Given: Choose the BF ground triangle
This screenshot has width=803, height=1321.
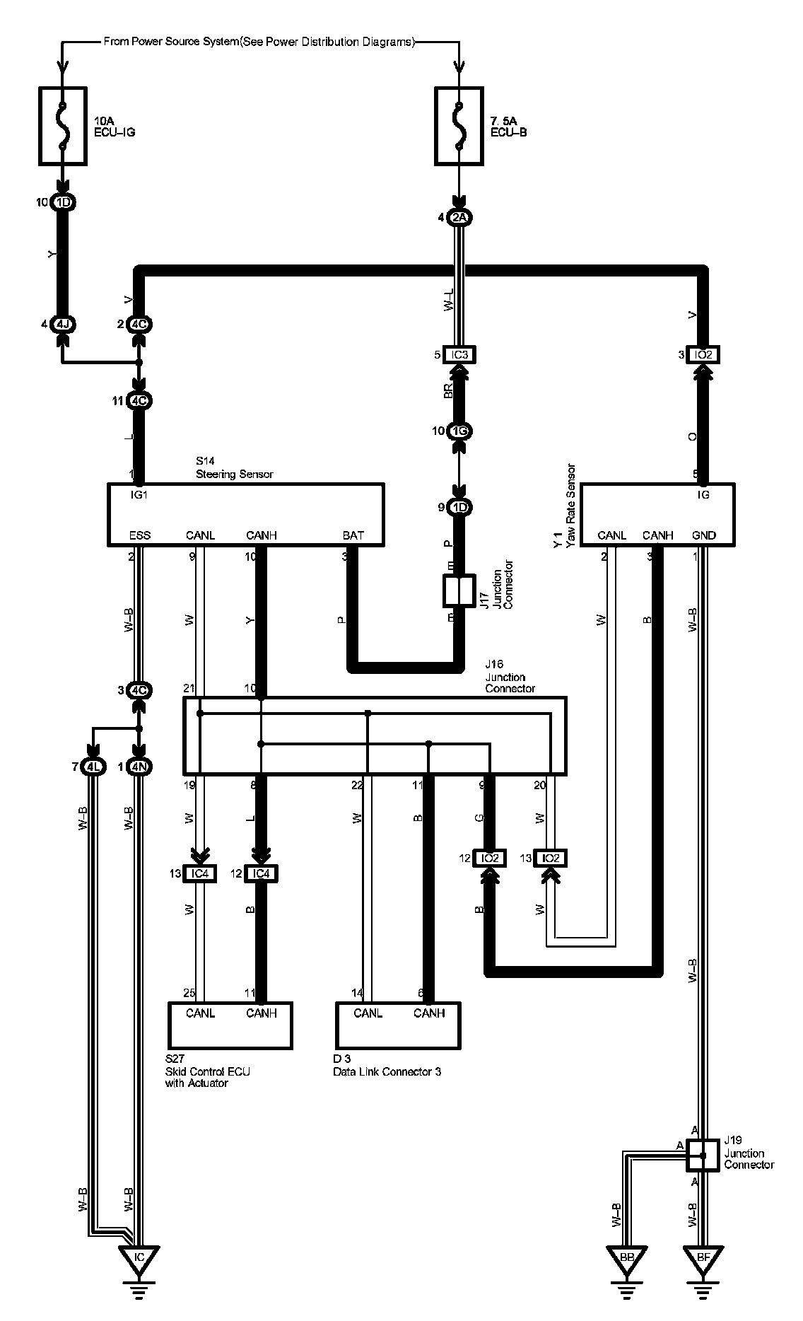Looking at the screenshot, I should pyautogui.click(x=703, y=1258).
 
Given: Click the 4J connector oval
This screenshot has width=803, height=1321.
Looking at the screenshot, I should pyautogui.click(x=64, y=325).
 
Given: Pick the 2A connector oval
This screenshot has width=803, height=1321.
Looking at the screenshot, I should pyautogui.click(x=459, y=218).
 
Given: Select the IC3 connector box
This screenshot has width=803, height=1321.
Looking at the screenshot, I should pyautogui.click(x=459, y=354).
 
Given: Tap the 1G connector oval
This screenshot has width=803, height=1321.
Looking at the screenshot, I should pyautogui.click(x=459, y=431).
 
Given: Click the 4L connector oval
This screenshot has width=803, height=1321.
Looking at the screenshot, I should pyautogui.click(x=93, y=767).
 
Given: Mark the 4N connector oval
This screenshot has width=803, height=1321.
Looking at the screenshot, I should pyautogui.click(x=139, y=767).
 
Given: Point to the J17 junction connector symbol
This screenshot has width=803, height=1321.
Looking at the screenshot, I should pyautogui.click(x=459, y=591).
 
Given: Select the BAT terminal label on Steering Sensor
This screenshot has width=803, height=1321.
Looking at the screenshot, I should pyautogui.click(x=353, y=535).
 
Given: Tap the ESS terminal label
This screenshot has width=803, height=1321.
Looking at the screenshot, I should pyautogui.click(x=140, y=535).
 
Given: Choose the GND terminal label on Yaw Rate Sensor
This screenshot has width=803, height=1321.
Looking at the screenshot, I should pyautogui.click(x=704, y=535).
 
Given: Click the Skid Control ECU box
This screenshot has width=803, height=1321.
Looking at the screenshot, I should pyautogui.click(x=230, y=1025).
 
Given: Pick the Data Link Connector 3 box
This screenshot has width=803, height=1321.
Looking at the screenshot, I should pyautogui.click(x=398, y=1025).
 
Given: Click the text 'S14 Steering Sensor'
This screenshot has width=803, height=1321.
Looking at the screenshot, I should pyautogui.click(x=234, y=468).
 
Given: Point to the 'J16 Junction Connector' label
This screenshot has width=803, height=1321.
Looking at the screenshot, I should pyautogui.click(x=510, y=677).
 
